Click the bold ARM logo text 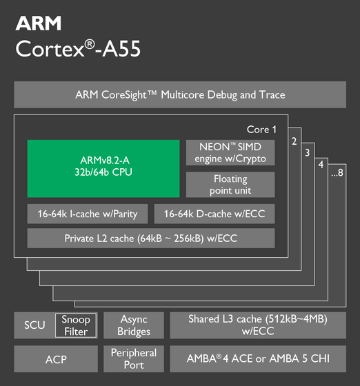[x=39, y=23]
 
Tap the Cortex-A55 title [x=78, y=48]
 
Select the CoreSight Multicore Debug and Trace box [x=180, y=95]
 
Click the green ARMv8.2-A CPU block [x=103, y=169]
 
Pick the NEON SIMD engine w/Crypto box [x=230, y=152]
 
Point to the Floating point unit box [x=230, y=185]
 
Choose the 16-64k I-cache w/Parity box [x=88, y=214]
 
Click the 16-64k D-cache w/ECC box [x=214, y=214]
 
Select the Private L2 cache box [x=151, y=238]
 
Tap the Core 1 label [x=261, y=130]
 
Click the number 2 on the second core [x=294, y=141]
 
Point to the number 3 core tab [x=308, y=153]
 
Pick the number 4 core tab [x=321, y=165]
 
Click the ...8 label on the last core [x=337, y=172]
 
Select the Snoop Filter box [x=76, y=325]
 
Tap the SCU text [x=34, y=325]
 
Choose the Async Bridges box [x=134, y=325]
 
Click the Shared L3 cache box [x=258, y=325]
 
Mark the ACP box [x=56, y=359]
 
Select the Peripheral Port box [x=134, y=359]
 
